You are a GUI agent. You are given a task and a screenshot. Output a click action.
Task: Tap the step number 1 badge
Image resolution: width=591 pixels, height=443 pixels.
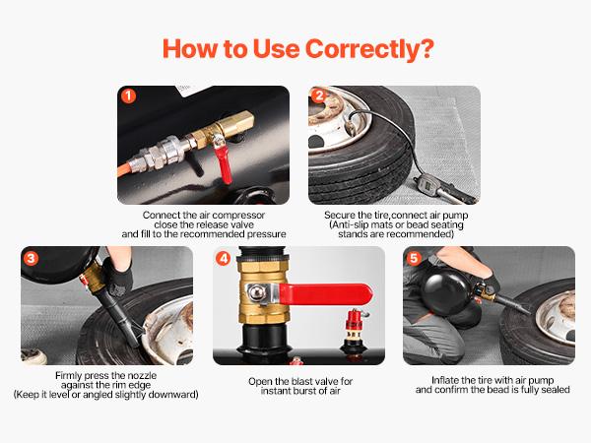pos(127,96)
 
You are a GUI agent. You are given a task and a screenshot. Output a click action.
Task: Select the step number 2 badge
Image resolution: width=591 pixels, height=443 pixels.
pos(319,96)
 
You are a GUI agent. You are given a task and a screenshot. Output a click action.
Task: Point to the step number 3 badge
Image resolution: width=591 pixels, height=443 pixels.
pos(31,257)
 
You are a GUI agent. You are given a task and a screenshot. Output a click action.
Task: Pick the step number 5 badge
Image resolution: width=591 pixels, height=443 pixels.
pos(414,257)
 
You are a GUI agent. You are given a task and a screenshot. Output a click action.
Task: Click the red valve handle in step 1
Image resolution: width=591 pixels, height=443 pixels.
pos(226,166)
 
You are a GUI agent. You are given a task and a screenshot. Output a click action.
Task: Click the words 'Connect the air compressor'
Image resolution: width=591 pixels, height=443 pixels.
pos(203,214)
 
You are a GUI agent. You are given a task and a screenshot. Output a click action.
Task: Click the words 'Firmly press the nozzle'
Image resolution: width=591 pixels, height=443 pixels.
pos(105,375)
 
